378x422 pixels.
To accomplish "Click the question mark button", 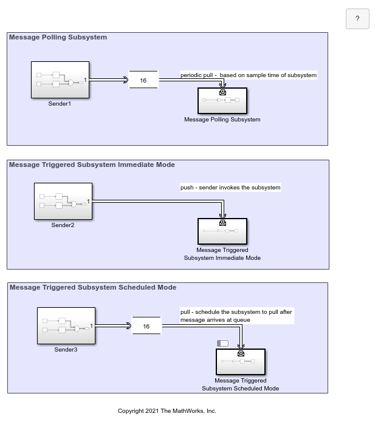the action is click(x=357, y=19).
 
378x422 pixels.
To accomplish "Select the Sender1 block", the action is click(x=60, y=80).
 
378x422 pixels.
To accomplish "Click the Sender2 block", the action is click(x=63, y=202).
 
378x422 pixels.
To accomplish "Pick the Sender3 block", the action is click(x=66, y=325).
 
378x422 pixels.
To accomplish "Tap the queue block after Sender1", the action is click(x=143, y=80).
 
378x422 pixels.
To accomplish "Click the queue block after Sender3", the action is click(x=146, y=325).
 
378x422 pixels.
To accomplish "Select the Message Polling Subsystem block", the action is click(x=222, y=101).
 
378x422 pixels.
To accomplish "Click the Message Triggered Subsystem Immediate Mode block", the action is click(x=222, y=231).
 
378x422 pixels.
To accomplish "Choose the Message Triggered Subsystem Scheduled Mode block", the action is click(x=241, y=362).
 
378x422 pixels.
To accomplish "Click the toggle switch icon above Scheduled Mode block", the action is click(x=222, y=343).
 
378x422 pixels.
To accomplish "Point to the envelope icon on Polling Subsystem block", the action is click(x=222, y=92).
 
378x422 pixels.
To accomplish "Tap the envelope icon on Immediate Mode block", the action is click(x=222, y=223).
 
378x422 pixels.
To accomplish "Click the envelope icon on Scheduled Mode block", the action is click(x=241, y=353).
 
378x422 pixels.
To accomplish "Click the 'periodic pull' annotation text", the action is click(x=249, y=75).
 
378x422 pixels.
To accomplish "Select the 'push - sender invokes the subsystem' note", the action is click(x=230, y=187).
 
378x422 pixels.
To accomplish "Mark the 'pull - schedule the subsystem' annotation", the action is click(x=236, y=316).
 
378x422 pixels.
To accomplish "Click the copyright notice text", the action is click(x=167, y=411).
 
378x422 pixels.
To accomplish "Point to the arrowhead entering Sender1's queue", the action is click(x=126, y=80).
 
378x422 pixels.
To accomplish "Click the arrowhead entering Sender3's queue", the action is click(x=129, y=326).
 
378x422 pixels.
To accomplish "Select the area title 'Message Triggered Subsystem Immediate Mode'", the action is click(x=92, y=165).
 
